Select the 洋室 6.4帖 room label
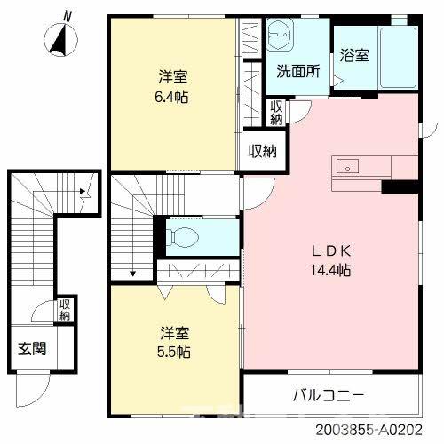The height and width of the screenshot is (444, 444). click(x=172, y=86)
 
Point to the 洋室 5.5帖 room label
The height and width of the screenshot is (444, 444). click(x=172, y=342)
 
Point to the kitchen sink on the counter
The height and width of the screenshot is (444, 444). click(x=347, y=165)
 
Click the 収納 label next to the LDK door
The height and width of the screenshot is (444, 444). click(x=262, y=150)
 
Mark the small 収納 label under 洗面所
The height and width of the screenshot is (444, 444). click(x=276, y=113)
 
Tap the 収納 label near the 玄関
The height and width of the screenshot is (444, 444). click(x=65, y=310)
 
